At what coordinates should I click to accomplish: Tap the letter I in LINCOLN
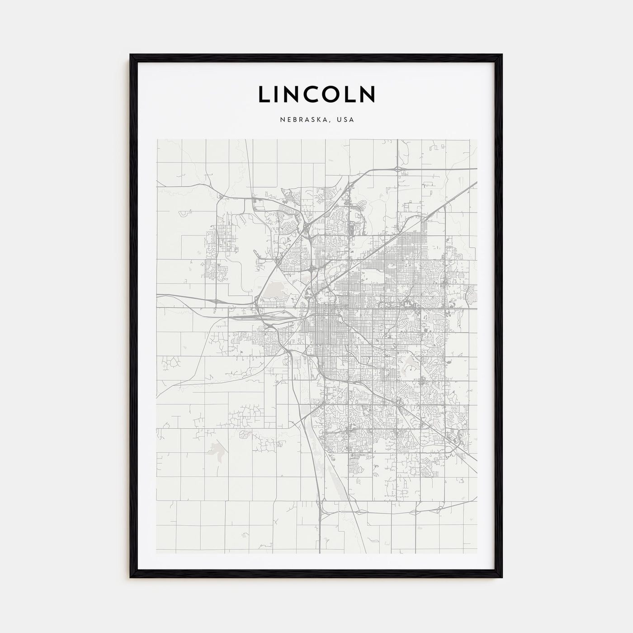point(278,94)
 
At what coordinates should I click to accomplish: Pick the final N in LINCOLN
point(367,94)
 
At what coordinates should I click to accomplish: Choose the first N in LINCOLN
point(293,94)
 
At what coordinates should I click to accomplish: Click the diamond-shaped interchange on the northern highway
point(397,170)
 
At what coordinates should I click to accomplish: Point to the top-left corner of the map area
point(156,139)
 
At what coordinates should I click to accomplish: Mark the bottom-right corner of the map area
point(477,553)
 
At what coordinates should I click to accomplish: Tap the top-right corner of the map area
point(477,139)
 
